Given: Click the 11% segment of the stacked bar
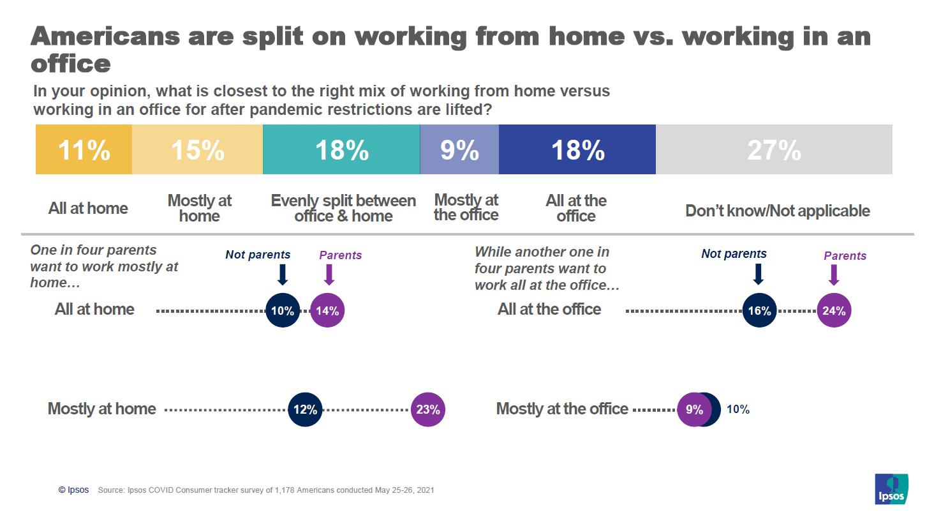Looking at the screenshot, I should coord(84,150).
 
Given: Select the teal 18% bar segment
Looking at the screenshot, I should coord(341,150).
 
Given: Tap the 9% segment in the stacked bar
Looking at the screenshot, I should coord(459,150).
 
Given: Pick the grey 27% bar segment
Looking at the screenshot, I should coord(774,150).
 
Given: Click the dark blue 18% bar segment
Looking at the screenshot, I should coord(577,150).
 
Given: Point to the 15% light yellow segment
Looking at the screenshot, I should coord(197,150).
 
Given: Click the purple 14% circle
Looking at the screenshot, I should coord(327,311).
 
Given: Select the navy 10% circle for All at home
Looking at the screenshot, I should coord(283,311).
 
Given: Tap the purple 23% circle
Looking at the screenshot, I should coord(428,410).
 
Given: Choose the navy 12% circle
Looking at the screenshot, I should coord(305,410).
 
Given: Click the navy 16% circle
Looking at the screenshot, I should coord(759,311).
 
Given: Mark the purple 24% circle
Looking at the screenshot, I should coord(834,311).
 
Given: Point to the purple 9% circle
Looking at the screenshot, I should coord(693,410).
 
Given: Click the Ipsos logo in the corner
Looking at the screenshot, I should coord(891,489).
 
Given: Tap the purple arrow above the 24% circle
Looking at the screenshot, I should coord(833,275).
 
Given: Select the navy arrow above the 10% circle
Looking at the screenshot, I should coord(283,275).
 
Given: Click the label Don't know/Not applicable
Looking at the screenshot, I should coord(777,211).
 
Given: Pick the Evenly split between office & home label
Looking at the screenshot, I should coord(343,208).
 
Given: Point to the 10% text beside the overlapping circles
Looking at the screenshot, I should coord(738,410).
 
